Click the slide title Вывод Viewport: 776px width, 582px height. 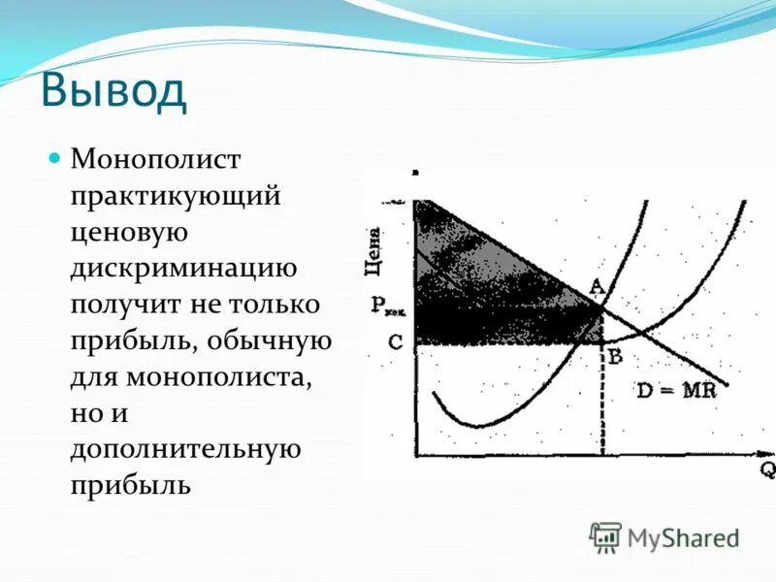click(113, 91)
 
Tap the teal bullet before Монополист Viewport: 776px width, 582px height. click(55, 156)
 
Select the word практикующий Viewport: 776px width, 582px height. click(175, 194)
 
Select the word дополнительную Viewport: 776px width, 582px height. click(181, 451)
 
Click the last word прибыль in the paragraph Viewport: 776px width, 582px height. click(129, 486)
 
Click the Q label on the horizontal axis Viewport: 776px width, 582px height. click(767, 469)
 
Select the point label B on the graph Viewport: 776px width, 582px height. click(614, 355)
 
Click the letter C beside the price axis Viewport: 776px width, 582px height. click(394, 341)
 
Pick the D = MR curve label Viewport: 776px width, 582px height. click(676, 392)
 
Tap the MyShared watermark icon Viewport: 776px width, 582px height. click(605, 537)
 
